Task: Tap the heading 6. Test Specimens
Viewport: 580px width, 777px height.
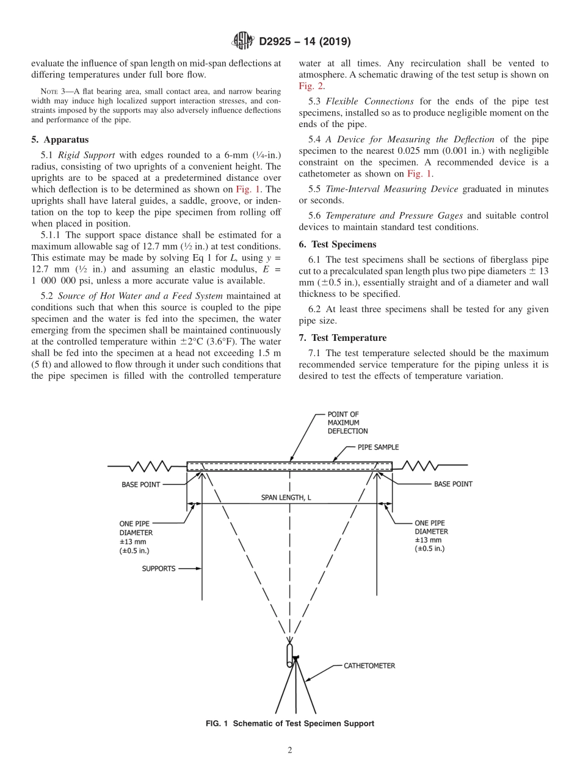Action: click(x=338, y=244)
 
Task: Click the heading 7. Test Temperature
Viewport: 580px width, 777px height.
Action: click(x=343, y=338)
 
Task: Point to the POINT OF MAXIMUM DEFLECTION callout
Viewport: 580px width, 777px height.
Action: click(x=347, y=422)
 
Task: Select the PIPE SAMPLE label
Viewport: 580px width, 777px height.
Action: click(x=377, y=447)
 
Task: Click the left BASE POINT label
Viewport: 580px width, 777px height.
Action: click(x=141, y=484)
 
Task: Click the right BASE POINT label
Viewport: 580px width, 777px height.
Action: click(x=452, y=484)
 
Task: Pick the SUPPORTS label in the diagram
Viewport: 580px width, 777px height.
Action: click(x=158, y=568)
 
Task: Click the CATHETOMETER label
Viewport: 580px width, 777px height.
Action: click(x=369, y=666)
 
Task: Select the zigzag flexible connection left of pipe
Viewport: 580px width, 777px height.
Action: click(x=150, y=467)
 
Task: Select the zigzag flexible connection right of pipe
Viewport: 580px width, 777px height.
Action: click(x=419, y=467)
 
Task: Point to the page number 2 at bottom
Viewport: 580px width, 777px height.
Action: click(x=289, y=751)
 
